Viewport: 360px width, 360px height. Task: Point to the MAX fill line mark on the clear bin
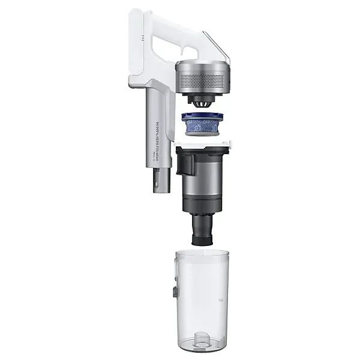pyautogui.click(x=220, y=298)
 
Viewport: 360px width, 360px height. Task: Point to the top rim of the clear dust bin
pyautogui.click(x=202, y=253)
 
